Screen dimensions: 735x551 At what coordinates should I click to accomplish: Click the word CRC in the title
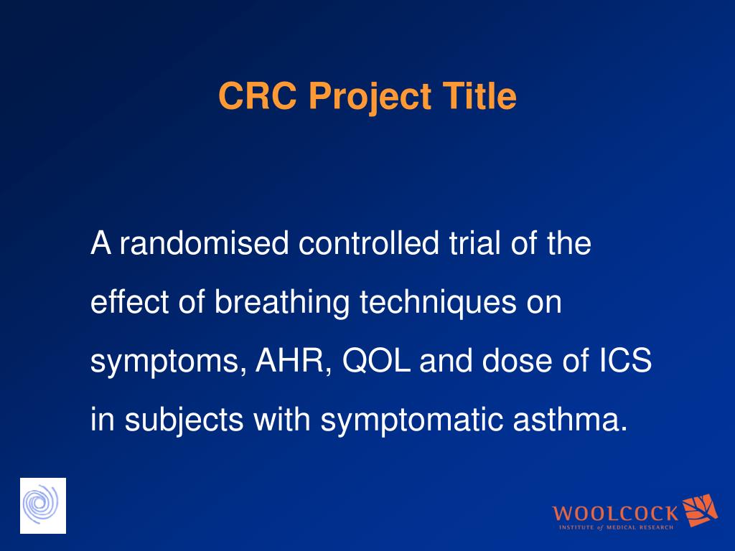pos(258,95)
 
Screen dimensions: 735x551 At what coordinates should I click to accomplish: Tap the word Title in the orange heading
pos(479,95)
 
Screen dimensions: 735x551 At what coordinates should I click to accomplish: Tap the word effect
pos(129,301)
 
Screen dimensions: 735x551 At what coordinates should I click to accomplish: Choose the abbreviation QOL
pos(376,361)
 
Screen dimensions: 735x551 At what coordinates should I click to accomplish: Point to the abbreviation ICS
pos(626,360)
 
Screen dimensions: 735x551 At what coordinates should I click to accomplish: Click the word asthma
pos(570,418)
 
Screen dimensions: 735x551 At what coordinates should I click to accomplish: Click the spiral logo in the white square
pos(42,506)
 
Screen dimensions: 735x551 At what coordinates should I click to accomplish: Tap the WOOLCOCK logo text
pos(615,514)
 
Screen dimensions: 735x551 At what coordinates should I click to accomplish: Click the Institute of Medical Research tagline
pos(616,527)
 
